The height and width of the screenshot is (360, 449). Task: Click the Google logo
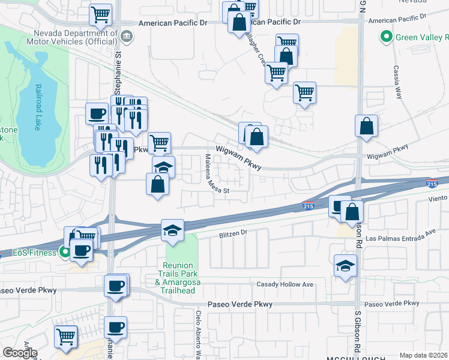tap(20, 353)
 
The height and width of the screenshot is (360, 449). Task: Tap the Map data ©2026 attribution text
tap(424, 355)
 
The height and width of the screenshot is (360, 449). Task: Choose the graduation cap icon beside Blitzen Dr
tap(172, 230)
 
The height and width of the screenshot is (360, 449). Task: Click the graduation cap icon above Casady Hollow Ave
tap(345, 265)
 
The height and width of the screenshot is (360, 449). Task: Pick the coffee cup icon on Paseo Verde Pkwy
tap(115, 285)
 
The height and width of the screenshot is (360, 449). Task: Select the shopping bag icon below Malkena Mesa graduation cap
tap(157, 184)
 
